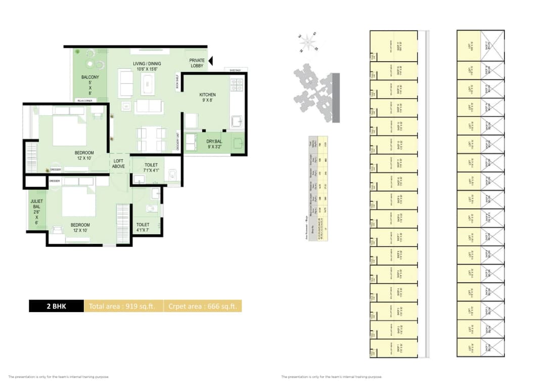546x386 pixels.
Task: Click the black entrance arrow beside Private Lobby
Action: [x=211, y=61]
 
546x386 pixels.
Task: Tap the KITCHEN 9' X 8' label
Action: [x=207, y=98]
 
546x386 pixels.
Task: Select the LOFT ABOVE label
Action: [x=119, y=163]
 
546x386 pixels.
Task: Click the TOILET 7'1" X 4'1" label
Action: [x=151, y=167]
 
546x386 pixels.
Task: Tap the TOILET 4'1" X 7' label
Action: [x=143, y=228]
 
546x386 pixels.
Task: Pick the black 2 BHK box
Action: [x=56, y=306]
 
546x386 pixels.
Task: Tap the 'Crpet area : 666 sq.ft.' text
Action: [x=203, y=306]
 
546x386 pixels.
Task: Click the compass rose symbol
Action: [x=307, y=42]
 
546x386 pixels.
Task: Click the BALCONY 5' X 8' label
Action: [x=90, y=85]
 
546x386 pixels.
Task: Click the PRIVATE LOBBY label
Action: [x=197, y=63]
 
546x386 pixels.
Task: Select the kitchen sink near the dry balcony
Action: [x=237, y=121]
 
